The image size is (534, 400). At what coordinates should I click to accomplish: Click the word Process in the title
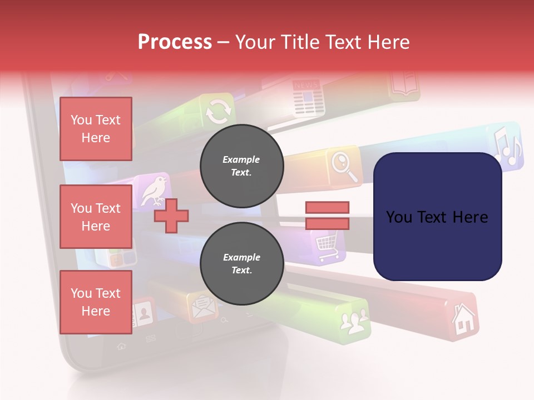[175, 42]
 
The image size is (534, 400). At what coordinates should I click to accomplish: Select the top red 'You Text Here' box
[96, 129]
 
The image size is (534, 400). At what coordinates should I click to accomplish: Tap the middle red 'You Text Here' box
[96, 217]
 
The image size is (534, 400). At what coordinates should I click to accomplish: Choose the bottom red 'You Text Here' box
[96, 302]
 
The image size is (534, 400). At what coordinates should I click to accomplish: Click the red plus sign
[171, 216]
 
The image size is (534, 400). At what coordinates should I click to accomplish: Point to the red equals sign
[327, 216]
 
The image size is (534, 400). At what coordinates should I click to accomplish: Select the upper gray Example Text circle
[241, 166]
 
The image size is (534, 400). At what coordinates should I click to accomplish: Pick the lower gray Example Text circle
[241, 263]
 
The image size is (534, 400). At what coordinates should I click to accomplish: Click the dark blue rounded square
[437, 217]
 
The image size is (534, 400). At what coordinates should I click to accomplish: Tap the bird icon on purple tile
[154, 189]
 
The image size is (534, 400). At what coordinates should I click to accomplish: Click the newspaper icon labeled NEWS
[305, 97]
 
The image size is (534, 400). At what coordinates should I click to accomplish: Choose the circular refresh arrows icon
[217, 111]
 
